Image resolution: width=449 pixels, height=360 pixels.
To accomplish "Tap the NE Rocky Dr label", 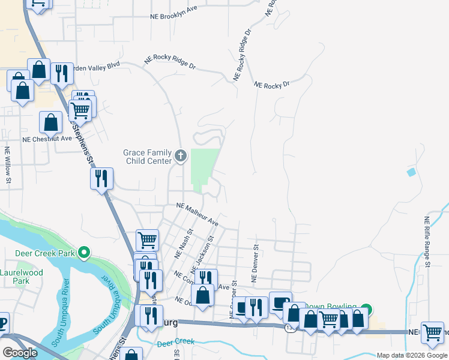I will pyautogui.click(x=271, y=85).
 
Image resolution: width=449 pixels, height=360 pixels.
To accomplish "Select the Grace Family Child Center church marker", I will pyautogui.click(x=180, y=157).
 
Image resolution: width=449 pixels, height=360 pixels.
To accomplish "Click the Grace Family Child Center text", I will pyautogui.click(x=147, y=157).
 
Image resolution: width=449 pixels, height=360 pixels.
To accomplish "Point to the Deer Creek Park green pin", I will pyautogui.click(x=85, y=253).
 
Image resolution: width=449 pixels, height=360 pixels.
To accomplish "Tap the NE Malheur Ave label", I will pyautogui.click(x=197, y=214).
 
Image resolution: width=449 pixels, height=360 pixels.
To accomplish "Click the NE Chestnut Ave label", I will pyautogui.click(x=47, y=138).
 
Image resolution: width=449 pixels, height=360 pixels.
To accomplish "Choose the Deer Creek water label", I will pyautogui.click(x=176, y=341).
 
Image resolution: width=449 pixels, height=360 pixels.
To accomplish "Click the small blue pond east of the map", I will pyautogui.click(x=411, y=172).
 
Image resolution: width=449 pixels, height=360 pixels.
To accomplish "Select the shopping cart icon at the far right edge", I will pyautogui.click(x=432, y=332).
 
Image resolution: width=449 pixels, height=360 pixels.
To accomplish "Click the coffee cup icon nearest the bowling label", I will pyautogui.click(x=280, y=302).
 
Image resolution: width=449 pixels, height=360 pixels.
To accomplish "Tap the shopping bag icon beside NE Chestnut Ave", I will pyautogui.click(x=51, y=122).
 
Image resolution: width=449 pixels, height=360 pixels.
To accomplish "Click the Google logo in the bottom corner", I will pyautogui.click(x=20, y=353).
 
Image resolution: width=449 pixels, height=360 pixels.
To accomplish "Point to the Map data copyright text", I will pyautogui.click(x=411, y=355).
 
